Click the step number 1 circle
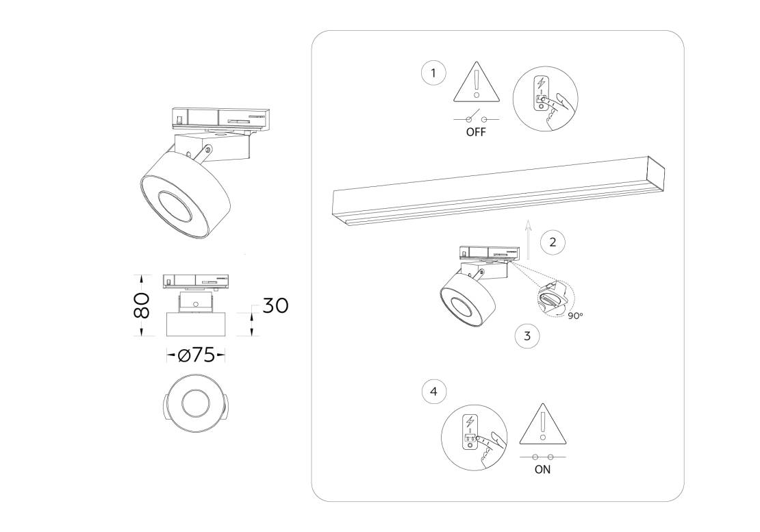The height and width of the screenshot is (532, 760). pyautogui.click(x=433, y=73)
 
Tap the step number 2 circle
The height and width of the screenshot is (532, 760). pyautogui.click(x=553, y=242)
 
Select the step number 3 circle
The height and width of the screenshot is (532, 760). pyautogui.click(x=527, y=335)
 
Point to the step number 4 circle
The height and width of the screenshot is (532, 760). pyautogui.click(x=434, y=391)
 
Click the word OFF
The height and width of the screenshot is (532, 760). pyautogui.click(x=475, y=131)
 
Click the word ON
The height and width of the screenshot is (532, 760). pyautogui.click(x=542, y=470)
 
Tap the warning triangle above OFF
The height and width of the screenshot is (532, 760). pyautogui.click(x=477, y=82)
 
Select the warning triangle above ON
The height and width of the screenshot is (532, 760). pyautogui.click(x=542, y=424)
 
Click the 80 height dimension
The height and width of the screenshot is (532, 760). pyautogui.click(x=141, y=305)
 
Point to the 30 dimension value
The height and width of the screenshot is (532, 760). pyautogui.click(x=275, y=306)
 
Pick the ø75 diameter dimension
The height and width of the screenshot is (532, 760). pyautogui.click(x=196, y=355)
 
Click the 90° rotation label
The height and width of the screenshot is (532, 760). pyautogui.click(x=575, y=316)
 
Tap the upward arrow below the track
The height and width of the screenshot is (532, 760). pyautogui.click(x=529, y=240)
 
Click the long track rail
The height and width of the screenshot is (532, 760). pyautogui.click(x=498, y=191)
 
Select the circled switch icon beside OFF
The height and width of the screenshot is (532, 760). pyautogui.click(x=545, y=99)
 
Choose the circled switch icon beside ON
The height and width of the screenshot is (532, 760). pyautogui.click(x=474, y=438)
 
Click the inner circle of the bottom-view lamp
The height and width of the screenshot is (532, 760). pyautogui.click(x=195, y=403)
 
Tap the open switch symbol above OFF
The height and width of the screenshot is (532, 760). pyautogui.click(x=476, y=118)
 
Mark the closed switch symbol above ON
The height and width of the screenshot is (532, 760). pyautogui.click(x=542, y=457)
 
